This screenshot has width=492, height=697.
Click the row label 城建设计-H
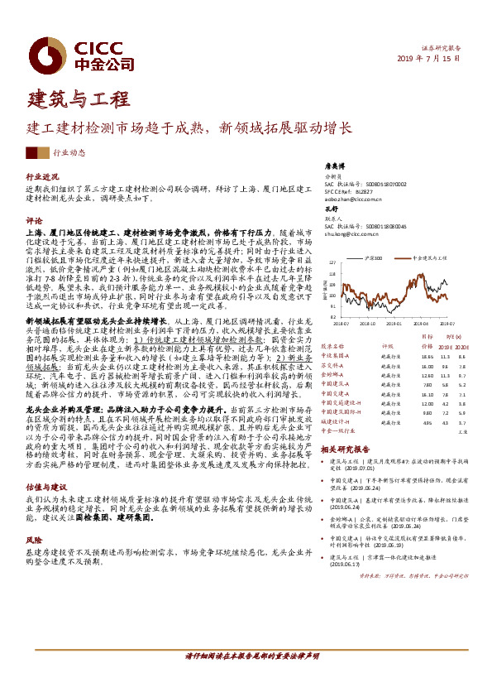pos(335,421)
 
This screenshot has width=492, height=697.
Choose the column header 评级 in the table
pos(386,346)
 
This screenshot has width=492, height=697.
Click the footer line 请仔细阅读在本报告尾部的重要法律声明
pos(251,678)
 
